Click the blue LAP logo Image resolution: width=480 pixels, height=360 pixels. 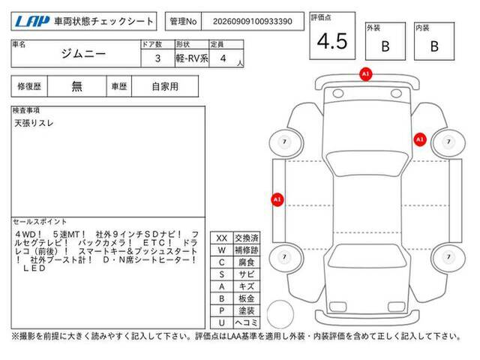[x=32, y=22]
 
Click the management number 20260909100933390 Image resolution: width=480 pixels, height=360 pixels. [x=253, y=22]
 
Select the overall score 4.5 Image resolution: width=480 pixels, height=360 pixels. [x=332, y=41]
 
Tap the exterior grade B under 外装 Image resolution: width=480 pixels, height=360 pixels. [x=385, y=46]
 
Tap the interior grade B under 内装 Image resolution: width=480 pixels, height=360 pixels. [x=434, y=46]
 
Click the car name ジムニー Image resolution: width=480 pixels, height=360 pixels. [x=83, y=54]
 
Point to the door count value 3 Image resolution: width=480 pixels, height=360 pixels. [x=157, y=58]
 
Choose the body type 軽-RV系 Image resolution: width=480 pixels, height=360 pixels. [x=192, y=58]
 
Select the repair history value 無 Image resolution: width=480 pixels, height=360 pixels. [x=76, y=87]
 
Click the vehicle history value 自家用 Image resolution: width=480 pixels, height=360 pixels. [x=165, y=87]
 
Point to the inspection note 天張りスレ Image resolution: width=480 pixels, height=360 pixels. [x=34, y=123]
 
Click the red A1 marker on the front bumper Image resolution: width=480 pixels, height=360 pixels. [x=365, y=74]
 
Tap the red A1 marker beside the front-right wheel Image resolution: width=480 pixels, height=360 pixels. [x=420, y=139]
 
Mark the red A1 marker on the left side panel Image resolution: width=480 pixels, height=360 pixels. [x=277, y=199]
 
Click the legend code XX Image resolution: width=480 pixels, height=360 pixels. [x=222, y=238]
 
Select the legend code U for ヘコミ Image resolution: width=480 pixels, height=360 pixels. [x=222, y=322]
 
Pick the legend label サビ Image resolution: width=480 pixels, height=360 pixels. [x=247, y=274]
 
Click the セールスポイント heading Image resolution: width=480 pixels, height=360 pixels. [x=40, y=221]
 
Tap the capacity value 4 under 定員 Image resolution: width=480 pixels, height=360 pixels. [x=223, y=58]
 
